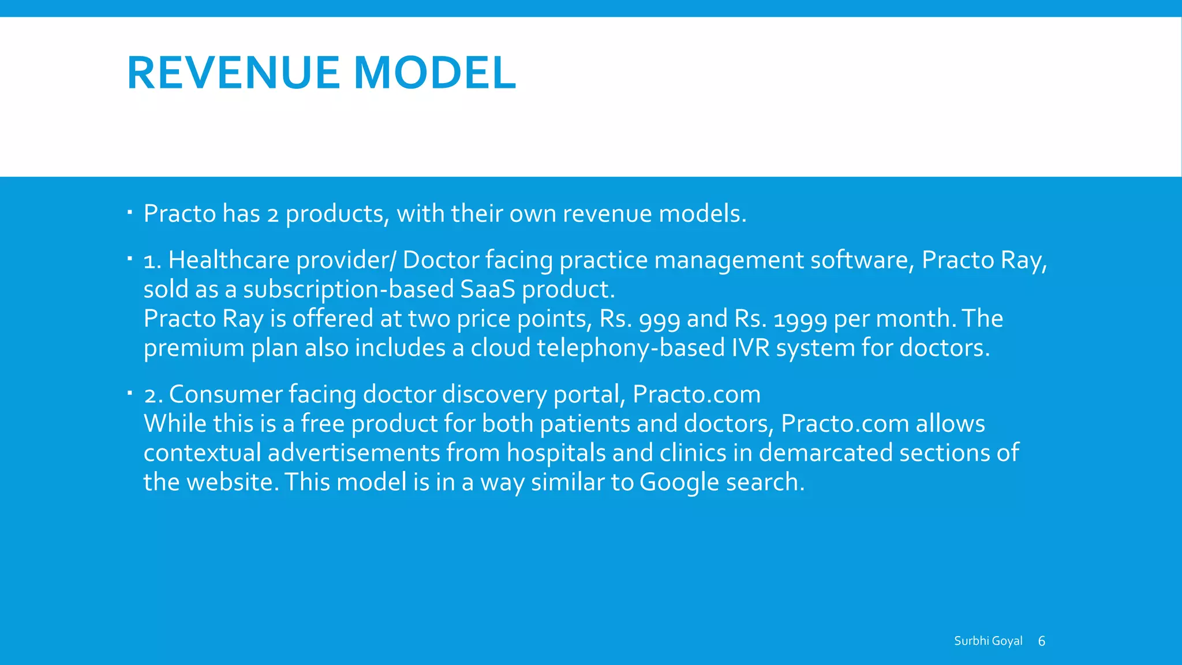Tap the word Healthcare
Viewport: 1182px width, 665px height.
click(229, 260)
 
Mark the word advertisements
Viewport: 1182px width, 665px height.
click(354, 453)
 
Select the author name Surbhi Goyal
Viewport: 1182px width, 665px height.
click(988, 641)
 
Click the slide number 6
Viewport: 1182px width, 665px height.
click(1042, 641)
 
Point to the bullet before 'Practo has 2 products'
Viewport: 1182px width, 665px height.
click(130, 213)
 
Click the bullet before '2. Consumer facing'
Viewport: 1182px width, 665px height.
click(130, 394)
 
